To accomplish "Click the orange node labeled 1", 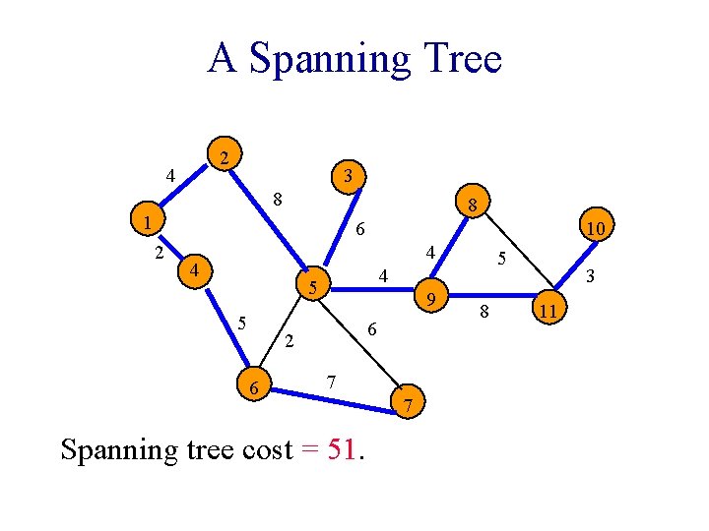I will tap(147, 223).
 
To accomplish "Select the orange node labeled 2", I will tap(226, 157).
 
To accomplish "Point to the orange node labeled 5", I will tap(312, 288).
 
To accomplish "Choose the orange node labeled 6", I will tap(254, 389).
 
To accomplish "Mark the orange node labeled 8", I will tap(473, 206).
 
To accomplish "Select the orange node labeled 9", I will tap(430, 296).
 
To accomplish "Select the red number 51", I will tap(343, 450).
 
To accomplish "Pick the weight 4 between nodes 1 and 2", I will tap(170, 177).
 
